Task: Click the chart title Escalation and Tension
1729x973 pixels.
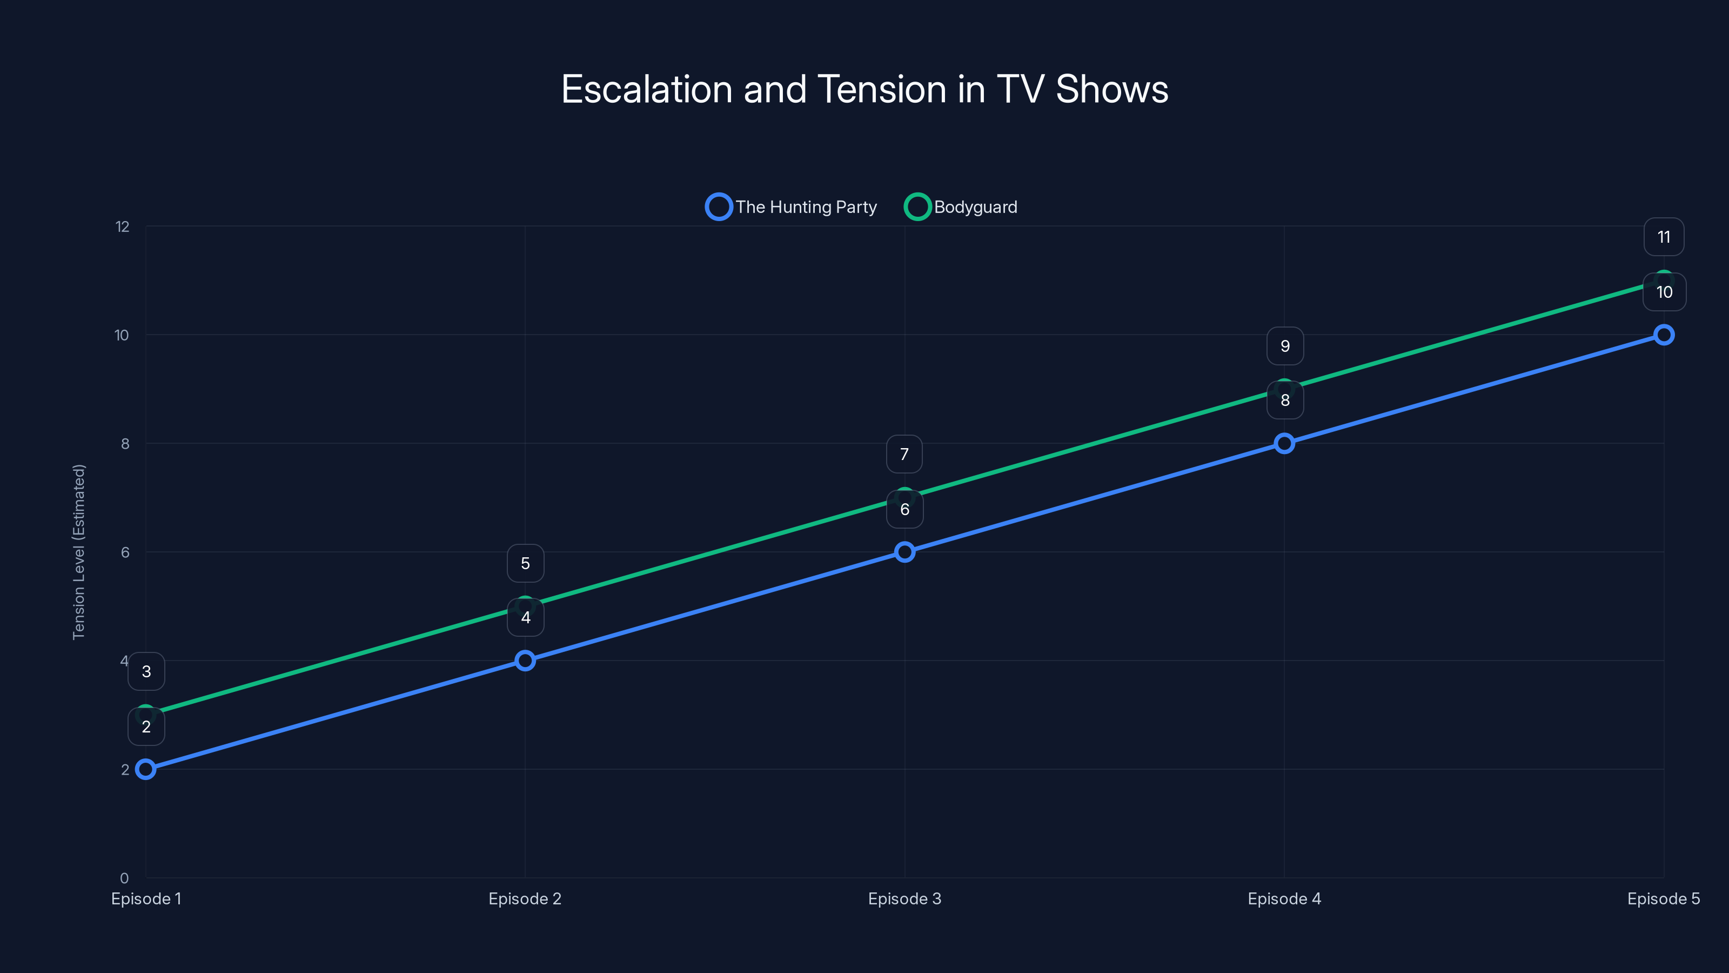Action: (x=864, y=89)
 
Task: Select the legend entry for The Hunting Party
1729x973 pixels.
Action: (x=792, y=207)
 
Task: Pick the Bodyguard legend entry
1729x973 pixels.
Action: (x=962, y=207)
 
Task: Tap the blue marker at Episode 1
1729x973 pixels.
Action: (x=146, y=769)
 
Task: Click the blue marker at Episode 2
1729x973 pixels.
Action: (x=526, y=660)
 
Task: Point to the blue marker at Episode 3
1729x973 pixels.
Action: (x=905, y=552)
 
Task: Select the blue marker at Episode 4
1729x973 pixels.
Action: (x=1284, y=443)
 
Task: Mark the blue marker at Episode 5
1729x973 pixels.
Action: (x=1663, y=335)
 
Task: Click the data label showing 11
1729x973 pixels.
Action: (x=1663, y=237)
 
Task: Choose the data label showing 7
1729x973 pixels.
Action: (x=904, y=454)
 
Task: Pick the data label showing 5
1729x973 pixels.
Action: (x=526, y=563)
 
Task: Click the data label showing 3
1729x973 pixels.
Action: (x=146, y=671)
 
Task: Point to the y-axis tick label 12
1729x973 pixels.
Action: (x=122, y=227)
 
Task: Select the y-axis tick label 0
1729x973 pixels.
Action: (x=124, y=878)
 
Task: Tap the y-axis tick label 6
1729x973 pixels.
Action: (x=125, y=552)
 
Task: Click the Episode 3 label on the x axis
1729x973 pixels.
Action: (x=904, y=899)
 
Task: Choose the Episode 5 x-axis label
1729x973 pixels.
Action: (x=1663, y=899)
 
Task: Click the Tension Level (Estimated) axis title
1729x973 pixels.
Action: (x=79, y=552)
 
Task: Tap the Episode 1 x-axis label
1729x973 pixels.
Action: (x=146, y=899)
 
